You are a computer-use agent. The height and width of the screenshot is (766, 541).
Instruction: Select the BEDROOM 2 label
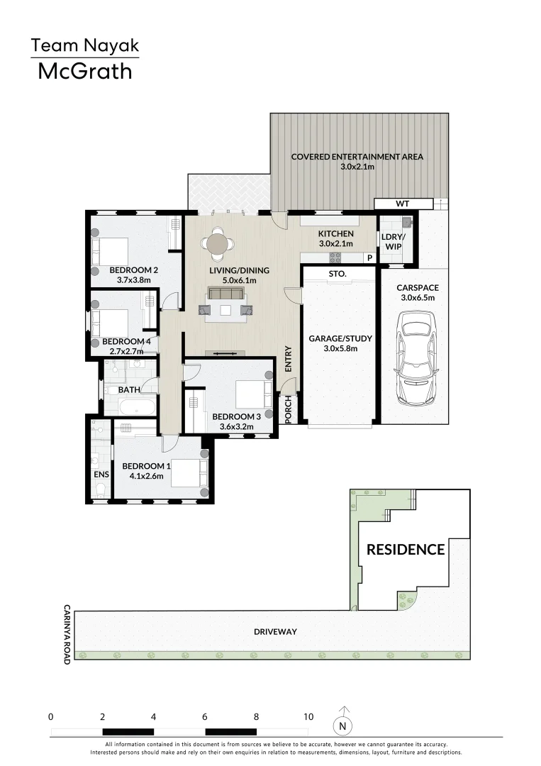[133, 270]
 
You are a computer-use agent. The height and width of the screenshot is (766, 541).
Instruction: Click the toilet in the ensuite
[99, 489]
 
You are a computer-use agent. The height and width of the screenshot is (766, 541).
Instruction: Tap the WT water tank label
[403, 204]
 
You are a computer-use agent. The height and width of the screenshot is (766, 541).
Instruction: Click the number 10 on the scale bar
[308, 717]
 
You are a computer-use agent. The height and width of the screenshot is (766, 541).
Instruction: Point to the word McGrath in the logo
[85, 71]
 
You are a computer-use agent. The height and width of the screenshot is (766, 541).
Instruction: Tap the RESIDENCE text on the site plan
[406, 550]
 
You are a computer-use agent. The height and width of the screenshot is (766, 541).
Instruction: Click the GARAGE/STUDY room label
[340, 338]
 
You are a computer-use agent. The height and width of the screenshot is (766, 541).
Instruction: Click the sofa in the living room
[226, 294]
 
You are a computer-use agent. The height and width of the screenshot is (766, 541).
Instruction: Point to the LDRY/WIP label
[391, 241]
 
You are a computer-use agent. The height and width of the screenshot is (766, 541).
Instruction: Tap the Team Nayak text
[85, 46]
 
